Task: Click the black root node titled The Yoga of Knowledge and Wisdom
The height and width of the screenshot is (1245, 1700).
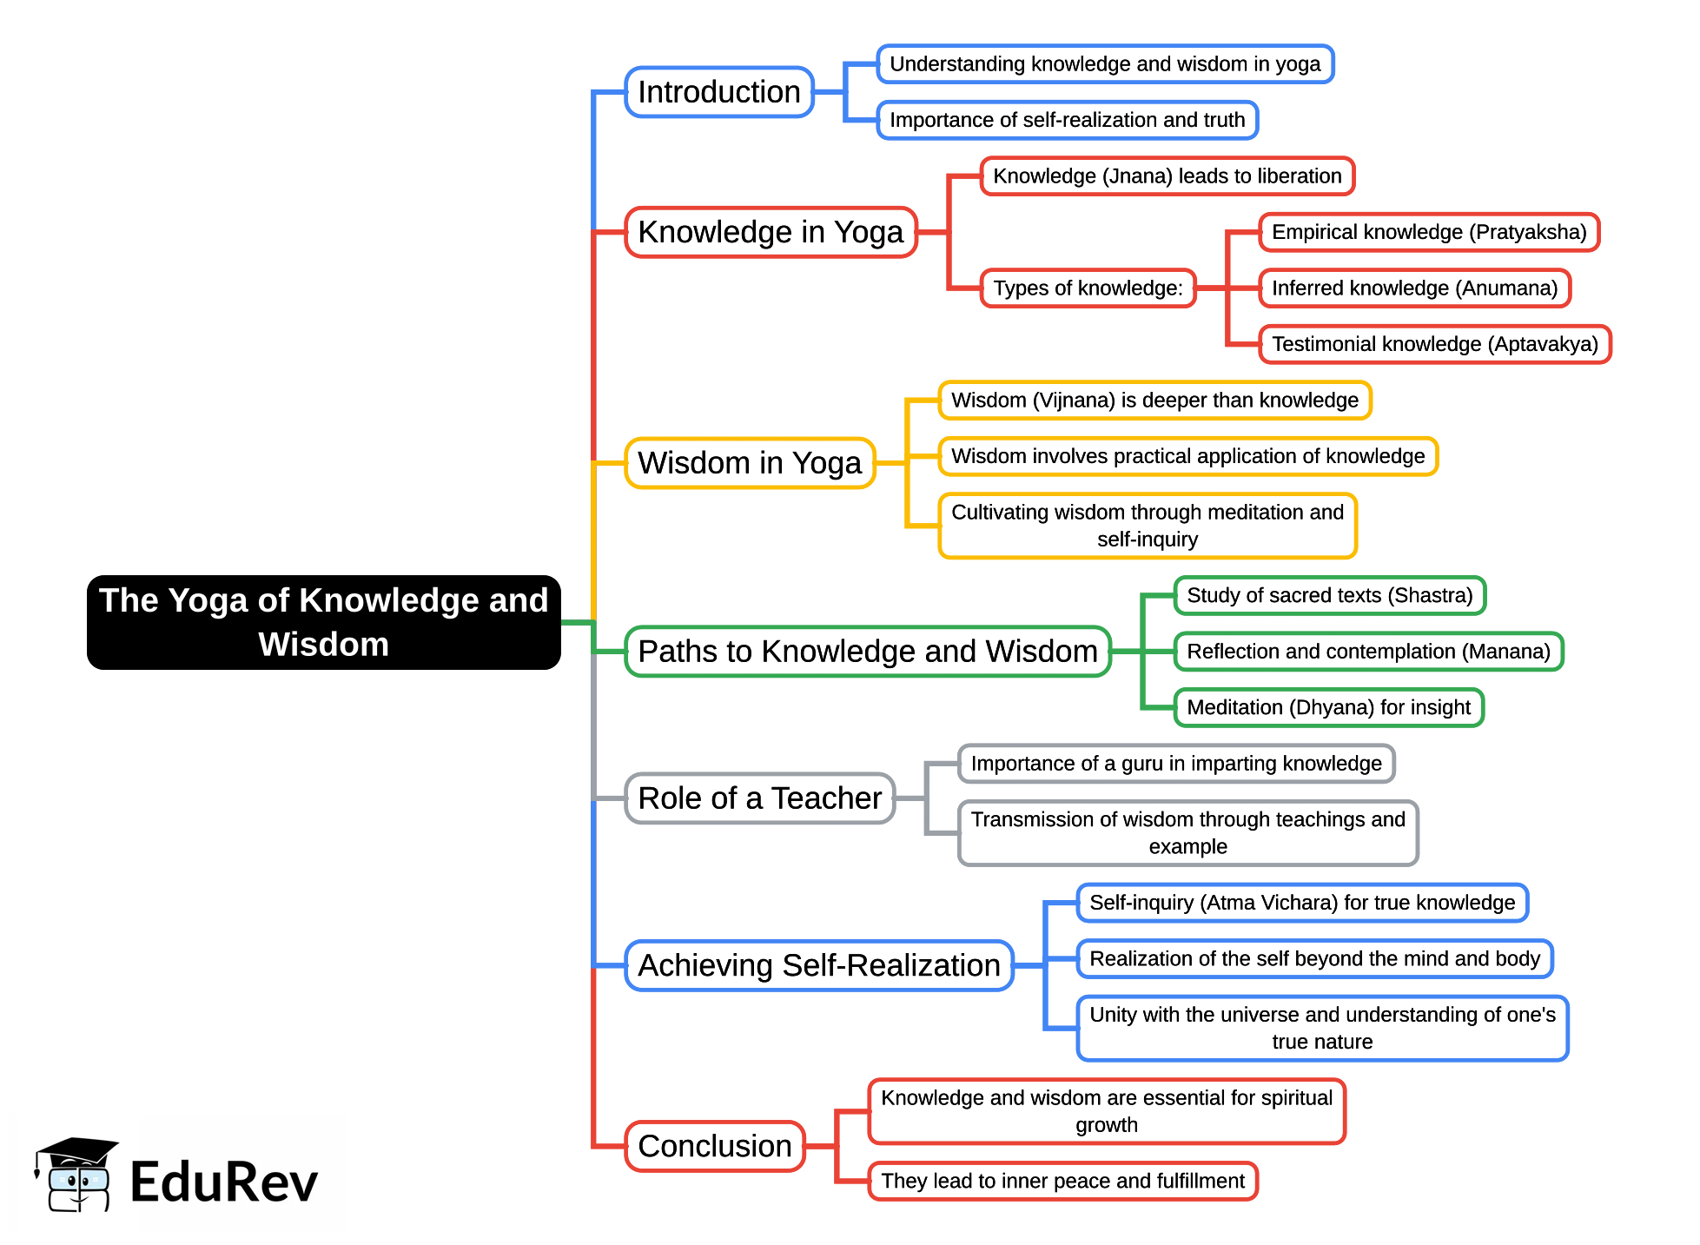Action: pos(323,622)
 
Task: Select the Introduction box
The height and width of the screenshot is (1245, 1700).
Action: pos(719,92)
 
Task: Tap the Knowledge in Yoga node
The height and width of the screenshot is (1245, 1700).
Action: pos(771,232)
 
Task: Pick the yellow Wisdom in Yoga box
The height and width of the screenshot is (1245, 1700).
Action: pos(750,463)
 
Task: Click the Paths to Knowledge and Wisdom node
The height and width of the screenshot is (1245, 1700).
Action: pos(868,652)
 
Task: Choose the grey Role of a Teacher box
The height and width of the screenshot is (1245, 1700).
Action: pos(760,798)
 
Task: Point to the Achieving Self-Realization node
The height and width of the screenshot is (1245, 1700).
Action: pos(819,965)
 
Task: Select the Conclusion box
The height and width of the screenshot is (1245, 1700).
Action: pos(715,1146)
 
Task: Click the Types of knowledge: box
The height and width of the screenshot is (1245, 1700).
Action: pos(1088,288)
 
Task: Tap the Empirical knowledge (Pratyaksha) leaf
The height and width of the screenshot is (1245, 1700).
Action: pos(1429,232)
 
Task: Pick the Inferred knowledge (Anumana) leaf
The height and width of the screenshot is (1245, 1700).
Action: pos(1415,288)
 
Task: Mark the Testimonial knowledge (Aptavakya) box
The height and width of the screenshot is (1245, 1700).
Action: pos(1435,344)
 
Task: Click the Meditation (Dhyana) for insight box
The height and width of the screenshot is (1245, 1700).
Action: pos(1329,707)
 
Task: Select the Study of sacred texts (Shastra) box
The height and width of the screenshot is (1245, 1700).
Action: pos(1330,595)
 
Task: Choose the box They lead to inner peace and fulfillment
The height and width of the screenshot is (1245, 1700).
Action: pos(1063,1181)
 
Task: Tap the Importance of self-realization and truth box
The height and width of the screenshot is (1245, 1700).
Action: pos(1068,120)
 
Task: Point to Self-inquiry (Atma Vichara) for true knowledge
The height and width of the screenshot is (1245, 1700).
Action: pos(1302,903)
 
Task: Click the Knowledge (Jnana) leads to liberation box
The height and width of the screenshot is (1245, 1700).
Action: pos(1168,176)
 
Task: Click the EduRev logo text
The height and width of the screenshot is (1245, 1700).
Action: pos(224,1182)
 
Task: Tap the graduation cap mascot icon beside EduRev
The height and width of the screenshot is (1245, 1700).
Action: pos(76,1175)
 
